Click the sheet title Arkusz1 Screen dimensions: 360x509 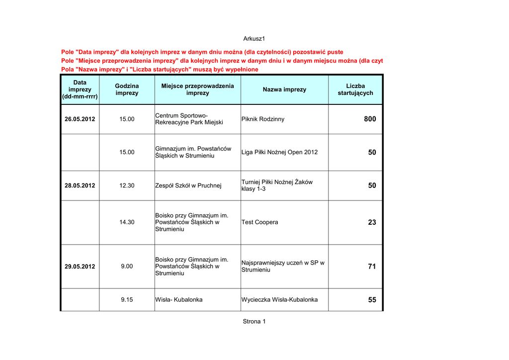254,39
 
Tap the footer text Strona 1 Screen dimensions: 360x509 254,321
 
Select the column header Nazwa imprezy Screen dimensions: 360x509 284,90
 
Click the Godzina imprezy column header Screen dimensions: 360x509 127,90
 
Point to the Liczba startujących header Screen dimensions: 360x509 355,90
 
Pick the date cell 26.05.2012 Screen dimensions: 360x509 80,119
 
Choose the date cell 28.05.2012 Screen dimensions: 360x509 80,185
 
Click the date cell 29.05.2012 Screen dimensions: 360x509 80,267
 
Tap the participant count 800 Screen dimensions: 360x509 370,119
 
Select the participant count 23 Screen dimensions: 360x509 372,222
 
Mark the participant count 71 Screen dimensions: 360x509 372,267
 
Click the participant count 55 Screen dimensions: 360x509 372,300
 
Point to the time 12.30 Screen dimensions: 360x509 127,185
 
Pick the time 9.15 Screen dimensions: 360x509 127,300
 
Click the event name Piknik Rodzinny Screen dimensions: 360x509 263,119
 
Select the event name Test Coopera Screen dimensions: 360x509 259,222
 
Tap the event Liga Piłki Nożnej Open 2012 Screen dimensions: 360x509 279,152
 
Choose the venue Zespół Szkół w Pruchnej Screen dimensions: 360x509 188,185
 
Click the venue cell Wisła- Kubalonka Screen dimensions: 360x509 178,300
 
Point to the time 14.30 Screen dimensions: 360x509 127,222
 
